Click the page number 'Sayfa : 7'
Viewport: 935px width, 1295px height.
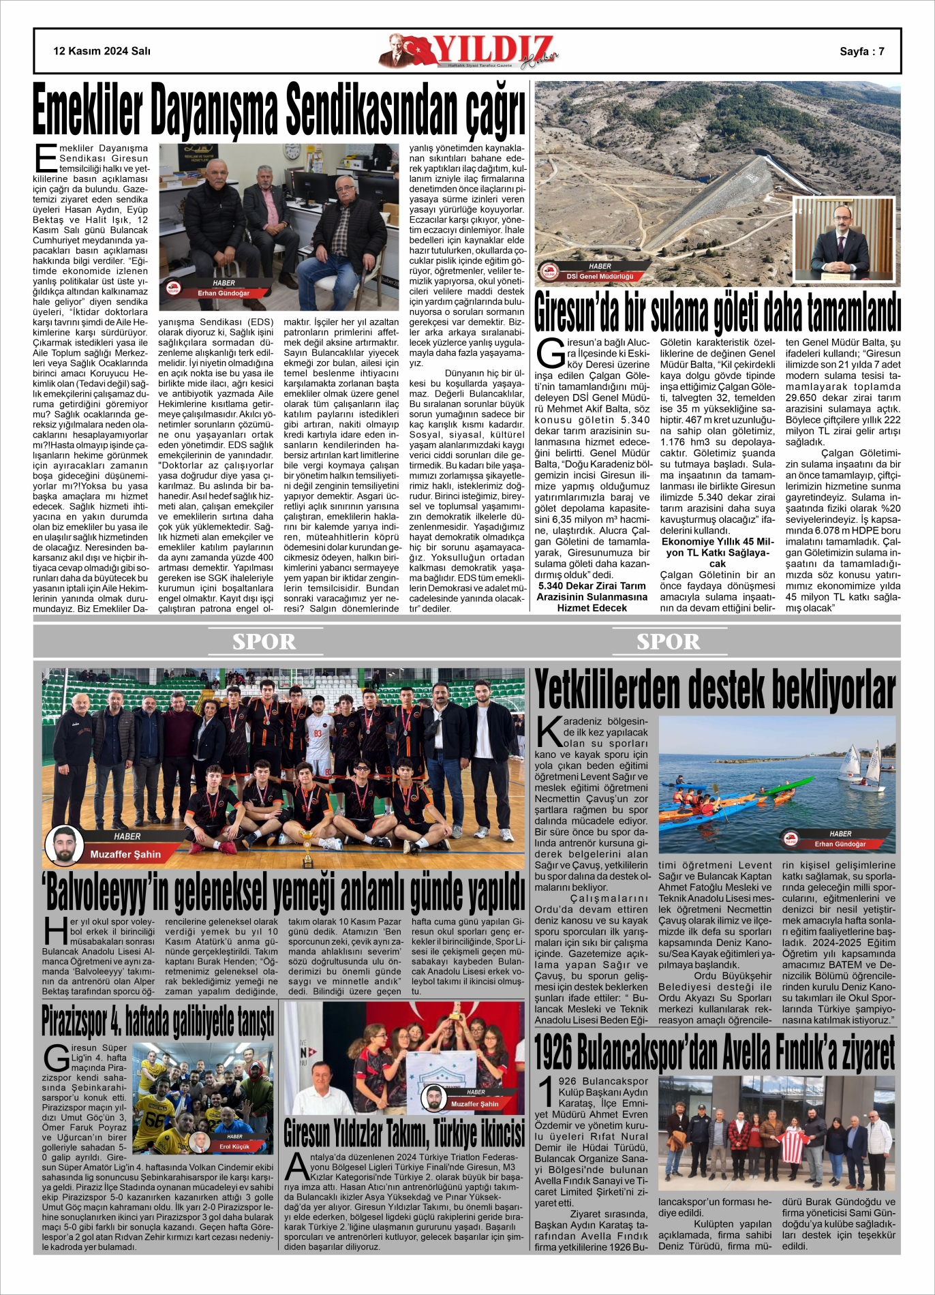click(861, 51)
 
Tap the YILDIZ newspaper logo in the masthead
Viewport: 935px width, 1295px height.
click(470, 51)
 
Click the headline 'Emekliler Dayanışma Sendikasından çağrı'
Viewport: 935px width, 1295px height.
click(279, 110)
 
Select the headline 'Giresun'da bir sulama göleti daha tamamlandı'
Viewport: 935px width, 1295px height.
click(718, 312)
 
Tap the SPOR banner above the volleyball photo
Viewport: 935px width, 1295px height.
click(264, 641)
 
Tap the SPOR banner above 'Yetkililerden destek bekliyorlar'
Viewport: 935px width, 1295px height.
click(668, 641)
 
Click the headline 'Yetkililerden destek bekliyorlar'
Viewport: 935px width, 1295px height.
click(715, 690)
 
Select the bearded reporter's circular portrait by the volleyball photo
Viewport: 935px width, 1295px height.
click(65, 846)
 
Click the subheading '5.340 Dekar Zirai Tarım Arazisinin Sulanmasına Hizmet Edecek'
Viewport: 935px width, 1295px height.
click(592, 596)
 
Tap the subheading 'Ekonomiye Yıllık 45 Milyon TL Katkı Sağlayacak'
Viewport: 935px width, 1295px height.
click(717, 552)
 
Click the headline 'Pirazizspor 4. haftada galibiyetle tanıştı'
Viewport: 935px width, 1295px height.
click(158, 1020)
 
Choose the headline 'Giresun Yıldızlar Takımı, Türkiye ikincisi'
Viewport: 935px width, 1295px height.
click(404, 1133)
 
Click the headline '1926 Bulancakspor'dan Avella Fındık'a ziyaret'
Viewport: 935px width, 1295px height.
click(714, 1052)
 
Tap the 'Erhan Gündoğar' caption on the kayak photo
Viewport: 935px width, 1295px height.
click(840, 844)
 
